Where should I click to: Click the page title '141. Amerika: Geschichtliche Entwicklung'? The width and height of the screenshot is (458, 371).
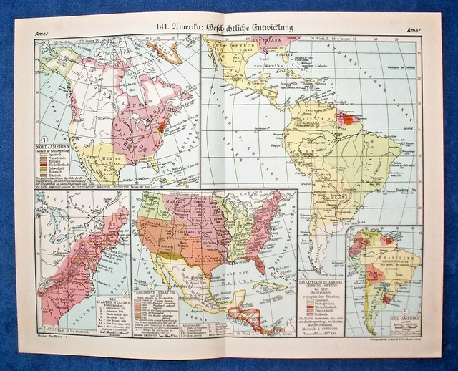coord(229,28)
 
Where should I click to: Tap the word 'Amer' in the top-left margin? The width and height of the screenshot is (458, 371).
coord(42,30)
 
